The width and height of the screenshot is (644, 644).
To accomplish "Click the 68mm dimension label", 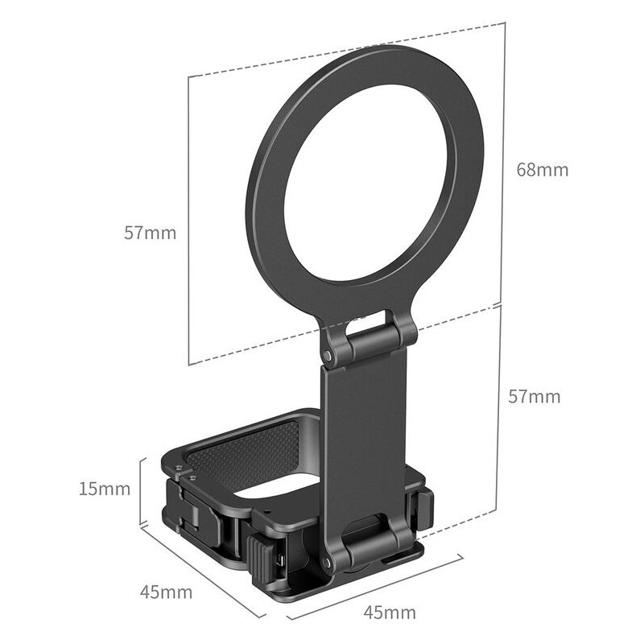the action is pos(542,170).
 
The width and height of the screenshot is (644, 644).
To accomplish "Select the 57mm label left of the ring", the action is pos(150,233).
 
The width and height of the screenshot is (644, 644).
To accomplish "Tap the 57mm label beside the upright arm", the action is pos(534,397).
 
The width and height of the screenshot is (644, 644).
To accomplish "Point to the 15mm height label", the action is pos(105,489).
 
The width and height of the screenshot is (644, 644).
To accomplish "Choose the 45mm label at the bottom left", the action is pos(166,592).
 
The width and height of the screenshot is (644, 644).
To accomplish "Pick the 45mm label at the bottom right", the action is pos(390,613).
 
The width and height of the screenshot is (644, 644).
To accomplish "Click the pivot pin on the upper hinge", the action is pos(327,354).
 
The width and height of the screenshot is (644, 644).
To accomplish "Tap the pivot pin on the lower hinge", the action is pos(326,562).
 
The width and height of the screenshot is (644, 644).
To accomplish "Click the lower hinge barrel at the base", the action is pos(372,547).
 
